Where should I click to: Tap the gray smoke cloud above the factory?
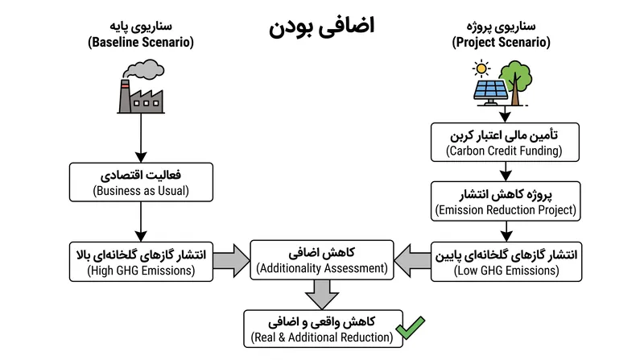point(144,69)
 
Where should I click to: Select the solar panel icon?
point(490,92)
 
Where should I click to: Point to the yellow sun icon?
point(481,68)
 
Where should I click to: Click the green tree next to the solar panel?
point(515,82)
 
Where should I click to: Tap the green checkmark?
point(411,327)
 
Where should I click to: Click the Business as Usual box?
point(142,182)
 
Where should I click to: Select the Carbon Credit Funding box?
point(505,143)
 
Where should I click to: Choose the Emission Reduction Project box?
point(506,201)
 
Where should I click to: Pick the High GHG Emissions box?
point(142,262)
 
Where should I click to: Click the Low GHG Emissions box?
point(506,262)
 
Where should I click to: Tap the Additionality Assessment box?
point(322,260)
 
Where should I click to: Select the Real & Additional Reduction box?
point(324,329)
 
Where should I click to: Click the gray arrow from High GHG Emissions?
point(232,261)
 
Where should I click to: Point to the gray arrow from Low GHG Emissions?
point(412,261)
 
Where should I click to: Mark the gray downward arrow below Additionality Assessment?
point(322,294)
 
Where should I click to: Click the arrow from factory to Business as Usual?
point(141,138)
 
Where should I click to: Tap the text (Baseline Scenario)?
point(141,42)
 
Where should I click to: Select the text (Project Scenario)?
point(501,42)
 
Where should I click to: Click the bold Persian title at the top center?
point(321,27)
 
